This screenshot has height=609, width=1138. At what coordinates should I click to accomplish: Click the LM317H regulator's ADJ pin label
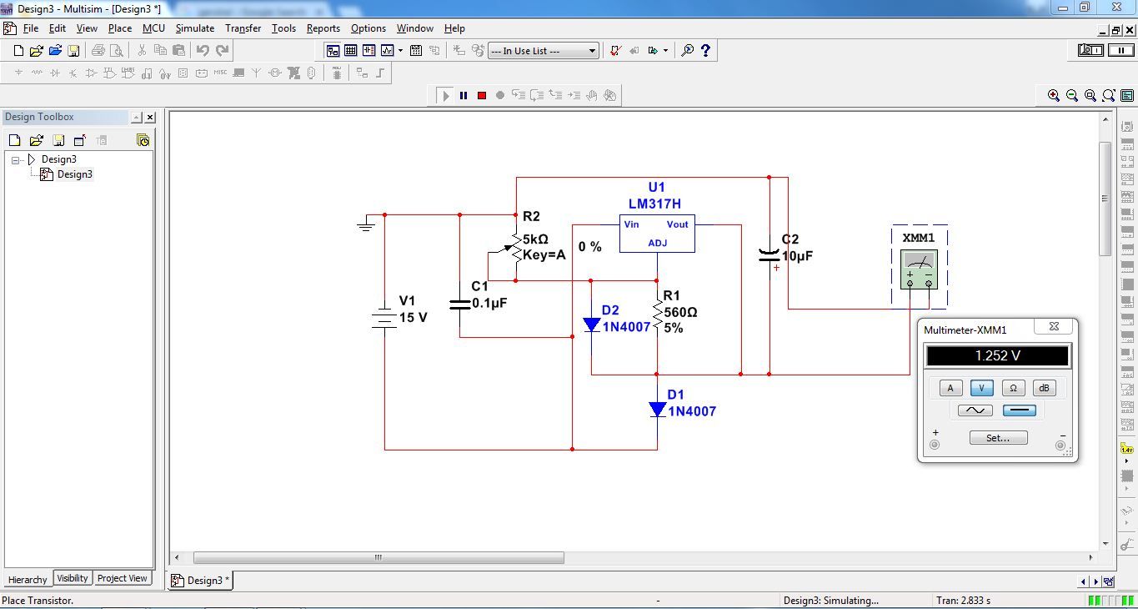(658, 243)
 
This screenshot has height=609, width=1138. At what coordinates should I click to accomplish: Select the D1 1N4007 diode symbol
(658, 410)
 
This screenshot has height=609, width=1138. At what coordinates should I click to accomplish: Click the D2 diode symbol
(592, 325)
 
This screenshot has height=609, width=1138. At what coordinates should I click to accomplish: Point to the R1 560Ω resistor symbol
(657, 315)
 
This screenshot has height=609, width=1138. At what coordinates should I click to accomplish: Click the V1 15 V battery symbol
(384, 318)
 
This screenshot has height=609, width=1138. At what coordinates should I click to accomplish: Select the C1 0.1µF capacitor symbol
(459, 304)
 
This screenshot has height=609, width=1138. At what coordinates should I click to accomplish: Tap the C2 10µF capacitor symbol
(769, 254)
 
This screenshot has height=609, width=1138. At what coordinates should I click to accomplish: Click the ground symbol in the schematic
(366, 224)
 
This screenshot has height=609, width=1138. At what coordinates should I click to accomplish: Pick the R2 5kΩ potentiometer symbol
(516, 247)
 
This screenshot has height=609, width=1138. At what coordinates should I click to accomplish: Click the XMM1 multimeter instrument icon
(920, 269)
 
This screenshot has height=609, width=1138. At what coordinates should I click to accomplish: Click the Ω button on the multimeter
(1013, 388)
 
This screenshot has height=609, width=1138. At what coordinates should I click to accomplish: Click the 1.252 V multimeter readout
(997, 356)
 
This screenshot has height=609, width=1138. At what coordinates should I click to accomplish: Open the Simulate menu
(194, 28)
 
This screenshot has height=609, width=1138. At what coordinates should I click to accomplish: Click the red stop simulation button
(482, 95)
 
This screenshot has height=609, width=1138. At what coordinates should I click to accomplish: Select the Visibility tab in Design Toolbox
(73, 578)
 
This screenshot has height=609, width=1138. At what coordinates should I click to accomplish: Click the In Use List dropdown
(544, 51)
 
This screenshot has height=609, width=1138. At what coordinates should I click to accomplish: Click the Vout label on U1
(677, 224)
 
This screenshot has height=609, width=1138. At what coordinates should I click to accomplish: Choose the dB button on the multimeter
(1044, 388)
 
